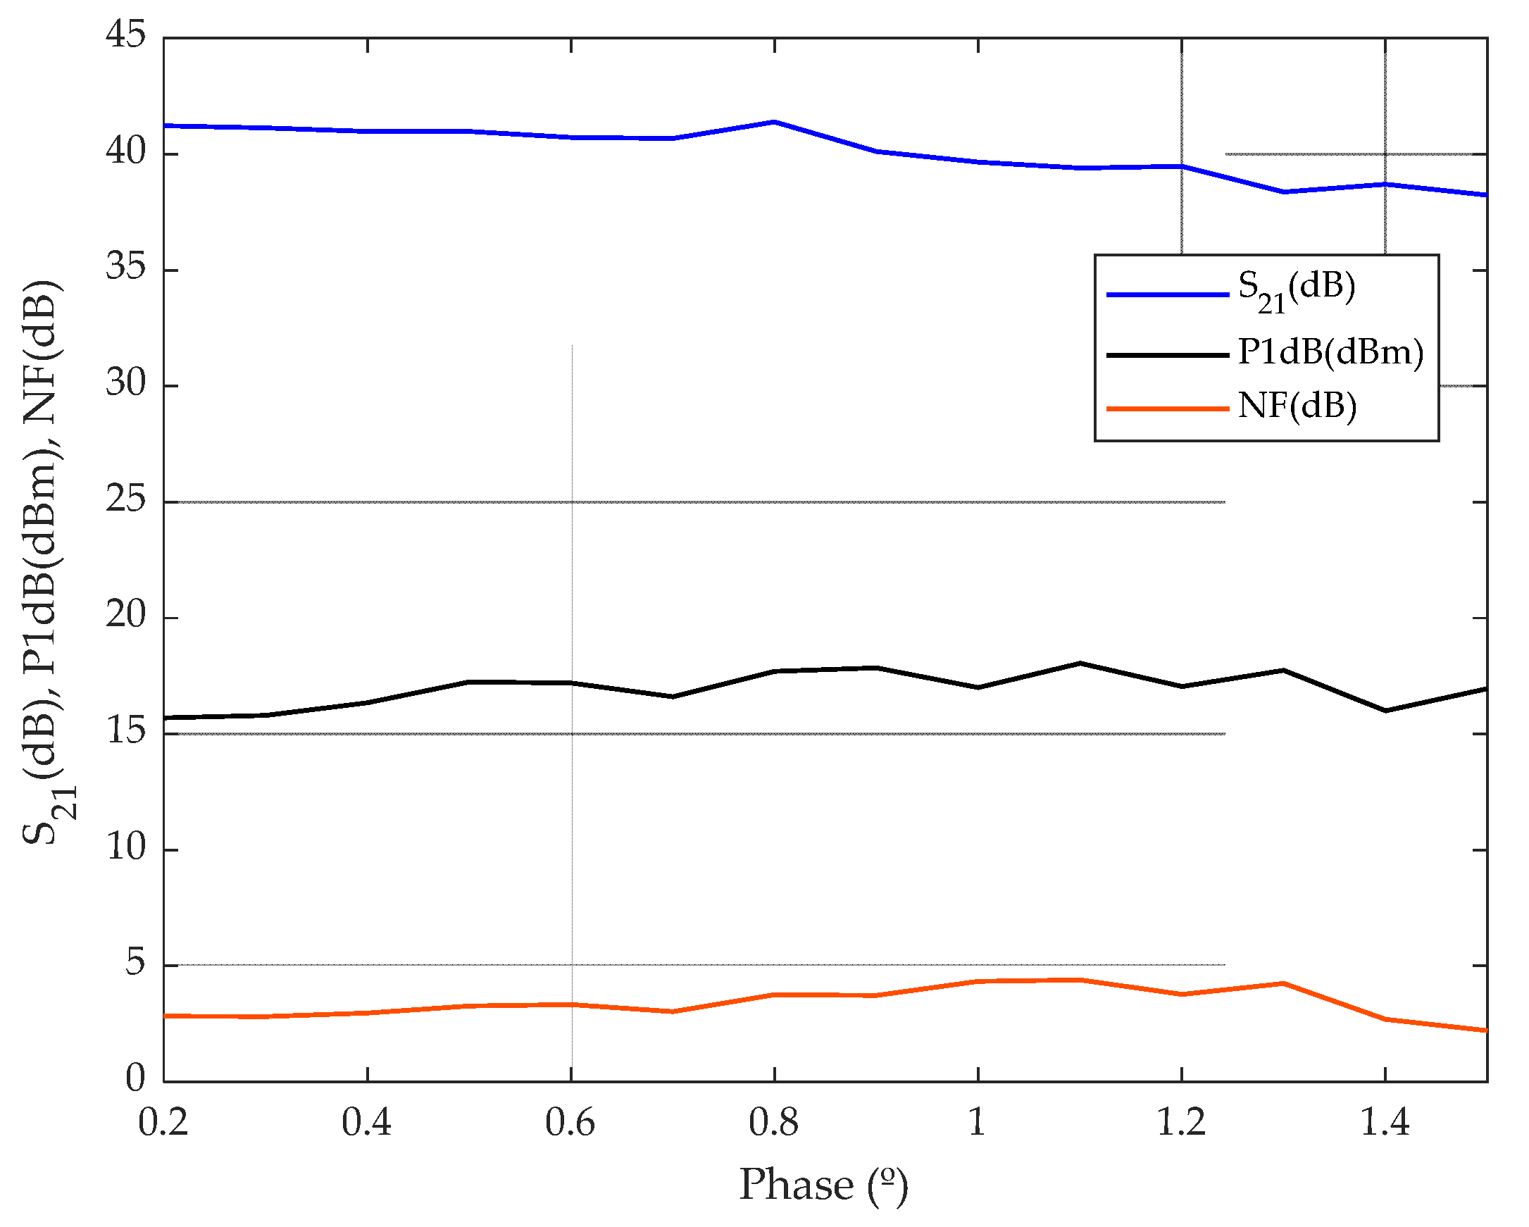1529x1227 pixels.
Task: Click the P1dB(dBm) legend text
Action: (1330, 352)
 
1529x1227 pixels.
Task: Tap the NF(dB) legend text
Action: (1297, 406)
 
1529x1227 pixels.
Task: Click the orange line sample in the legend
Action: (1167, 409)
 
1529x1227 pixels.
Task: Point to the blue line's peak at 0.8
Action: (775, 122)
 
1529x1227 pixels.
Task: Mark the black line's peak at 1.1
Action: (1080, 663)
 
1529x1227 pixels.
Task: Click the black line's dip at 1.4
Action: (1385, 711)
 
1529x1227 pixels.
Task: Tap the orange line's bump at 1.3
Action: (1283, 984)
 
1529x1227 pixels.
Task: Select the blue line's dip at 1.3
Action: (1283, 192)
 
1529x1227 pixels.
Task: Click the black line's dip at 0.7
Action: (673, 697)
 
